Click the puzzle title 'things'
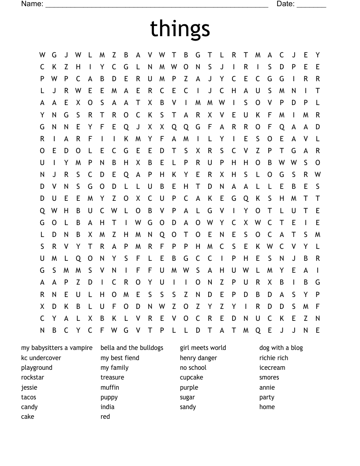[180, 29]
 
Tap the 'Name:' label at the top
[32, 4]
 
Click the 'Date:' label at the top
[285, 4]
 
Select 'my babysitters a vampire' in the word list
[57, 348]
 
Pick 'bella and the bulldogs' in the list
[132, 348]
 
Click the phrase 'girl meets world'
[203, 348]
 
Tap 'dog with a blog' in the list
[281, 348]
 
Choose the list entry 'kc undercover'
[41, 358]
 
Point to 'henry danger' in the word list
[199, 358]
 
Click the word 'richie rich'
[274, 358]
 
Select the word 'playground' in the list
[37, 368]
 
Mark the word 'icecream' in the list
[272, 368]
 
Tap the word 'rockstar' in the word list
[33, 377]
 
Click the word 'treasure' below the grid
[112, 377]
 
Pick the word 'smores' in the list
[269, 377]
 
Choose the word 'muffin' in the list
[110, 387]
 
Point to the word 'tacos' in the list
[29, 397]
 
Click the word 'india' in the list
[107, 407]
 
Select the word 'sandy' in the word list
[188, 407]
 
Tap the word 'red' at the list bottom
[105, 417]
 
